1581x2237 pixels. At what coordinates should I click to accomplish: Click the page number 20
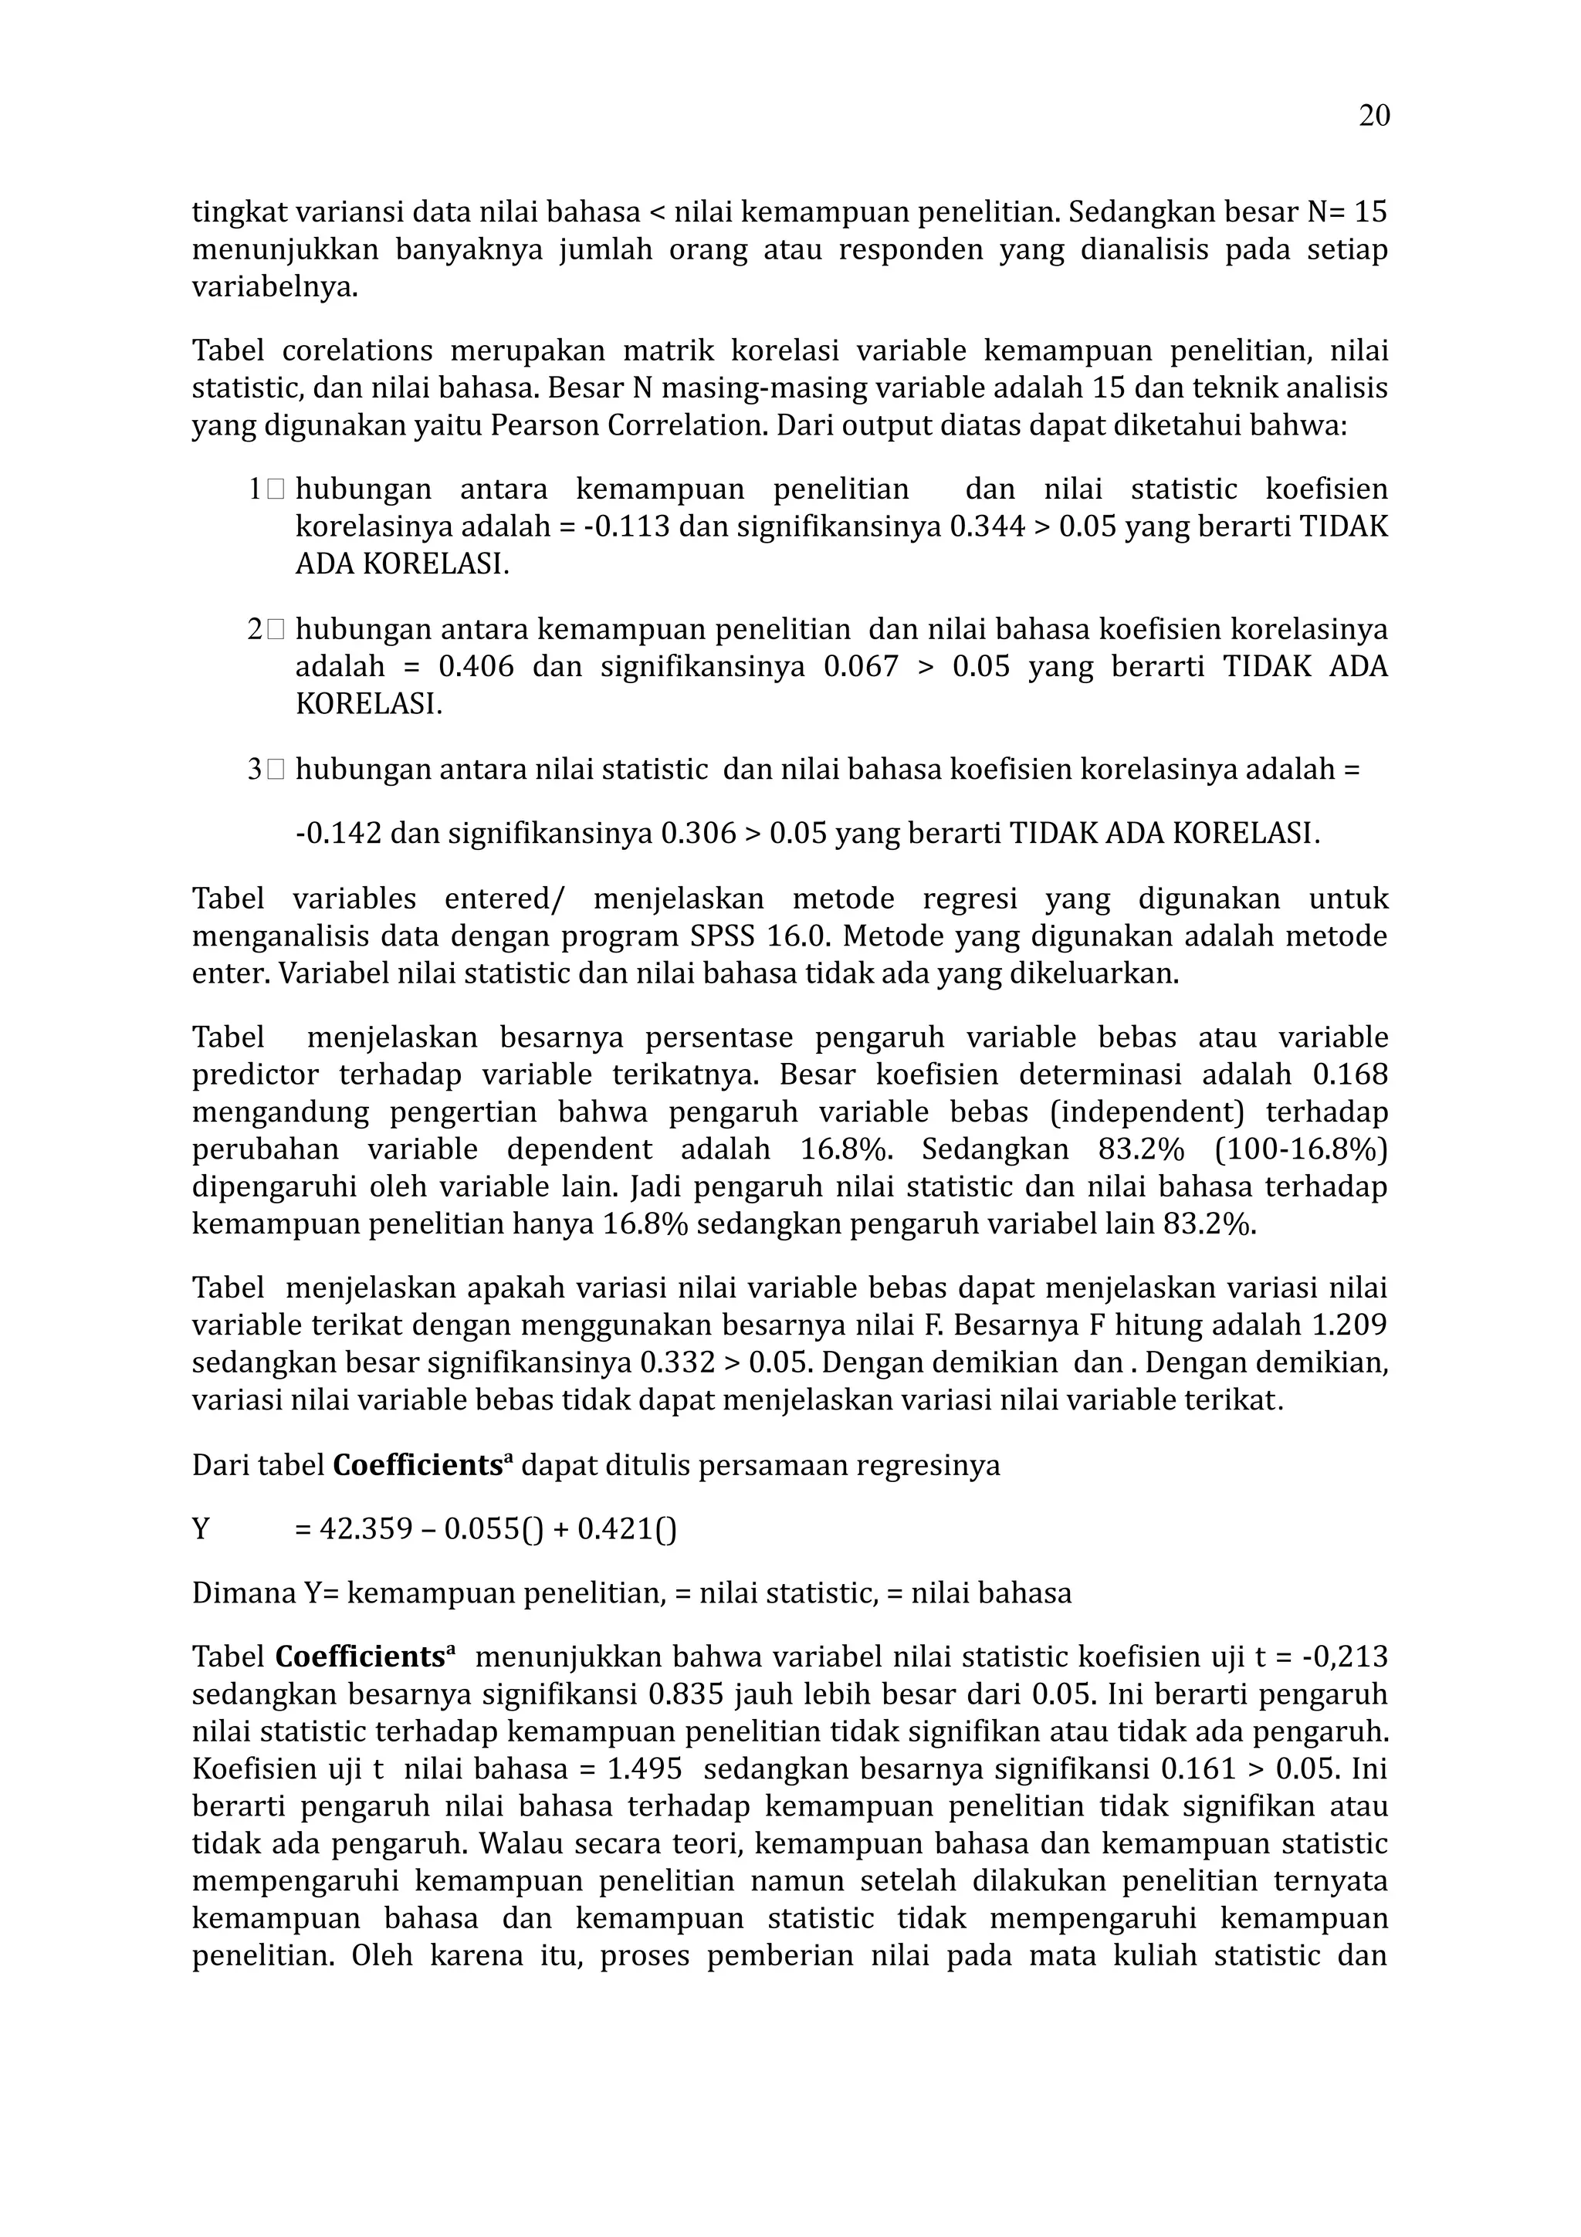[1373, 116]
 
